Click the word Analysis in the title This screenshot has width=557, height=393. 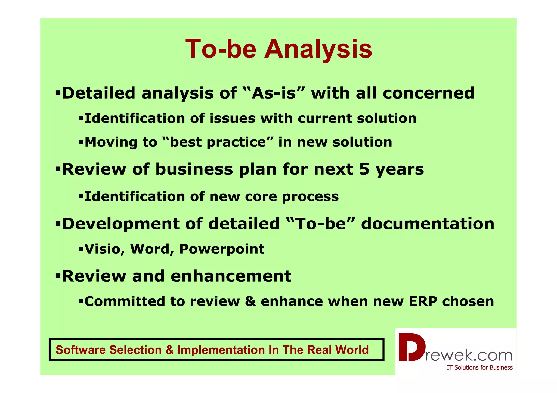(x=318, y=49)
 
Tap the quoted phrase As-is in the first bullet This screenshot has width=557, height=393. (x=273, y=93)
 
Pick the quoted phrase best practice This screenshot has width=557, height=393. (x=218, y=142)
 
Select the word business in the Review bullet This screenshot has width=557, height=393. (x=194, y=169)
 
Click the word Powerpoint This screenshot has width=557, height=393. (x=222, y=249)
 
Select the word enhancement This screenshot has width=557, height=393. (x=231, y=276)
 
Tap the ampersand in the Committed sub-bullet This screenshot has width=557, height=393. (x=250, y=301)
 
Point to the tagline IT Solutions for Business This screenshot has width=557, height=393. (x=479, y=367)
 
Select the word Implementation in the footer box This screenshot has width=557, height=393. (x=221, y=350)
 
